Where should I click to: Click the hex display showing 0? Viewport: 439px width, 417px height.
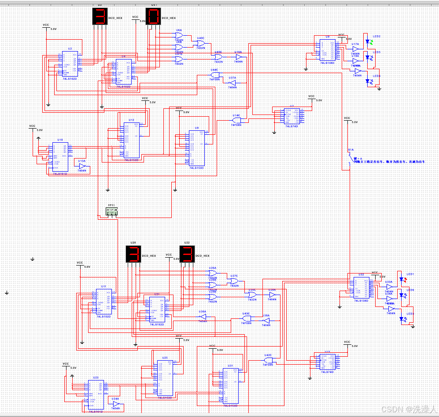point(153,17)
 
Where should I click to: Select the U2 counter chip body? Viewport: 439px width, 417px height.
point(69,64)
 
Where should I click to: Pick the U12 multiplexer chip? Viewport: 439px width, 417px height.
point(132,140)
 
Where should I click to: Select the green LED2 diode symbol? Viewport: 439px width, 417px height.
point(368,41)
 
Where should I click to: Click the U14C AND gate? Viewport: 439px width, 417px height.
point(236,120)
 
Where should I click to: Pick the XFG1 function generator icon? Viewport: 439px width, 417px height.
point(112,212)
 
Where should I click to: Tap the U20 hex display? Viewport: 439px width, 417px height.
point(133,255)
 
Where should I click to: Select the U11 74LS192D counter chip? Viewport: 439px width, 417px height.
point(104,302)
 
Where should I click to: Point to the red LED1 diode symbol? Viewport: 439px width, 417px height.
point(402,279)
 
